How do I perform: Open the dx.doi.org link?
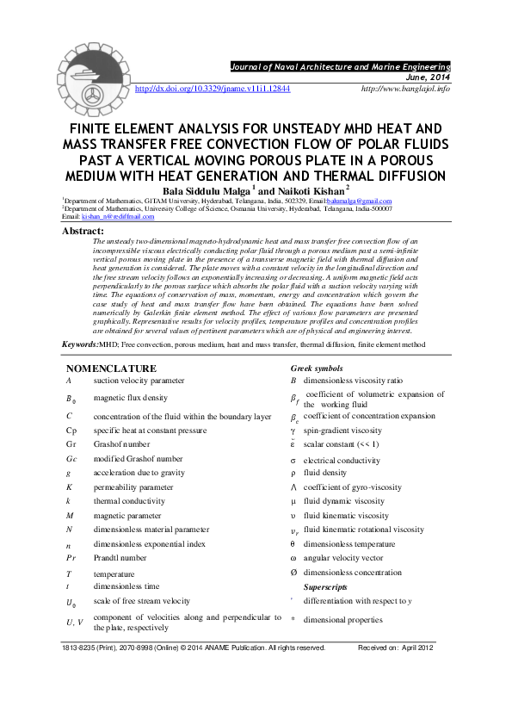pos(213,88)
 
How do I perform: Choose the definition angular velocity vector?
pos(349,557)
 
